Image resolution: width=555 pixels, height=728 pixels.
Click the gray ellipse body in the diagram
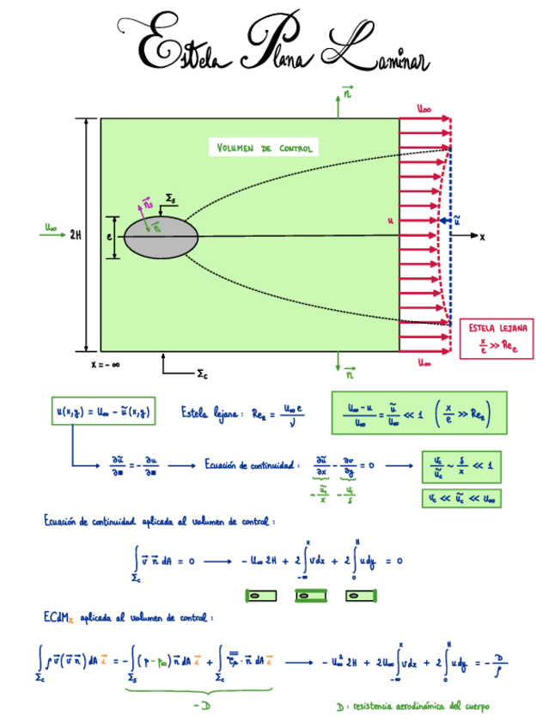(162, 236)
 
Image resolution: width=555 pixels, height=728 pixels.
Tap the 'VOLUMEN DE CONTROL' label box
(262, 148)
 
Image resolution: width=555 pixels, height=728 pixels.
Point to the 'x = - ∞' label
(105, 364)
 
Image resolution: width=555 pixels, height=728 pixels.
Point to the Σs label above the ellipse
(171, 199)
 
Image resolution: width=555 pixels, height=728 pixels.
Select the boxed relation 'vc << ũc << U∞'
(463, 497)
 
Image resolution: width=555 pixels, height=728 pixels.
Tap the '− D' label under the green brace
(204, 705)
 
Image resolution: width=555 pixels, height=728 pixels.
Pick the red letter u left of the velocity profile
(390, 221)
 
